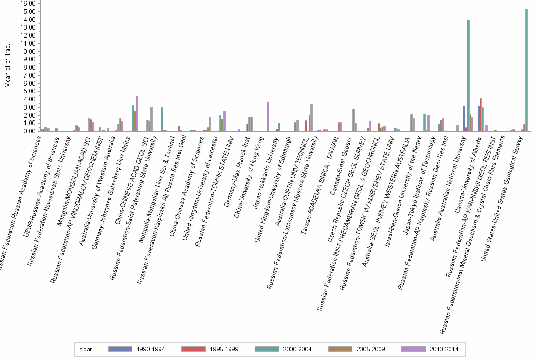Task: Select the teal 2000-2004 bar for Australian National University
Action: tap(468, 75)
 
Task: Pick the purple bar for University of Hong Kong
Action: tap(268, 117)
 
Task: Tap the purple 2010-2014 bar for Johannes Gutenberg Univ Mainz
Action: tap(137, 114)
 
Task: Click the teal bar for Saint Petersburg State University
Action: tap(162, 119)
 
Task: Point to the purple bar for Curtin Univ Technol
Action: tap(311, 118)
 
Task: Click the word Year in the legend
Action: tap(86, 349)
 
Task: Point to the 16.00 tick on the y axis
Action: tap(30, 3)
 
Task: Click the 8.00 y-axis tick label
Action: tap(31, 67)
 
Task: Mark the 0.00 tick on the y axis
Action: tap(31, 131)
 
